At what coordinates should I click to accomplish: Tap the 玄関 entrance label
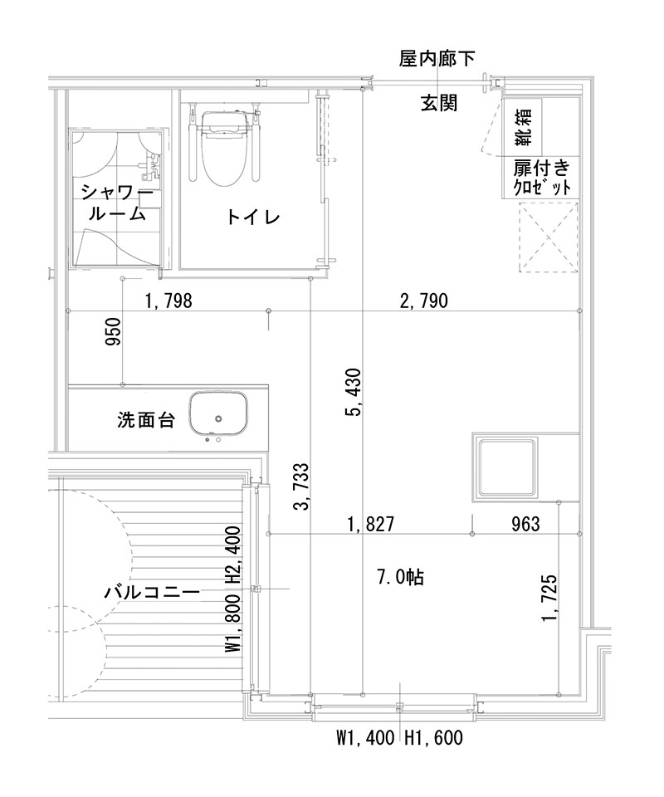point(437,103)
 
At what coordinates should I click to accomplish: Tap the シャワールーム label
point(116,203)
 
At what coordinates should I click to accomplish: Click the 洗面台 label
point(145,420)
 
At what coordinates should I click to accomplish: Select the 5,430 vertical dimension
point(355,392)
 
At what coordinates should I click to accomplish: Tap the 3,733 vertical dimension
point(303,487)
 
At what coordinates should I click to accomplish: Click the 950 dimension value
point(114,331)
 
